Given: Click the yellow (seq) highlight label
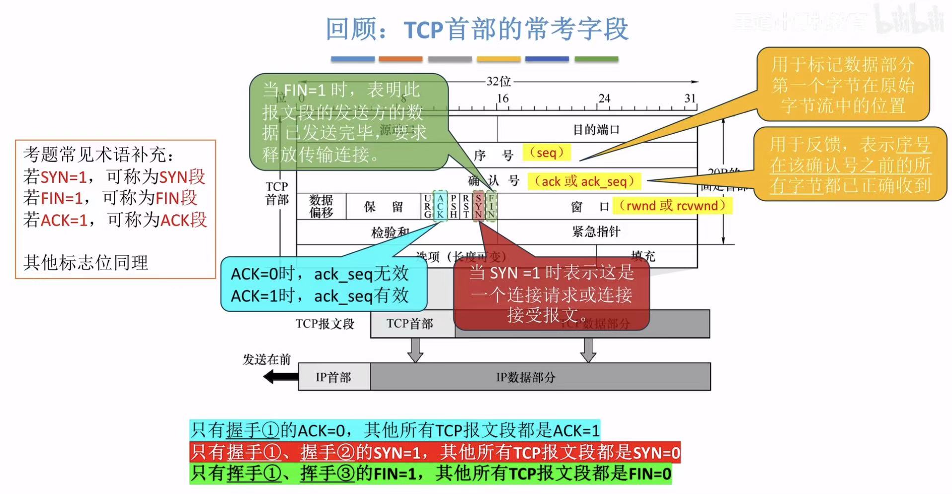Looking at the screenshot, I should point(546,153).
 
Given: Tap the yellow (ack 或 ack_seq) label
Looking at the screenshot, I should point(584,181).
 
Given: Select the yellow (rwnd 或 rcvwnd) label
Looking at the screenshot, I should point(672,206).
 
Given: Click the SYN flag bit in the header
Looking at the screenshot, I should point(478,206).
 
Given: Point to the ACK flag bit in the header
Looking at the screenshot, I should point(440,206).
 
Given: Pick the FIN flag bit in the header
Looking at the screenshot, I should point(491,206).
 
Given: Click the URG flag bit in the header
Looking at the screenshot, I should point(427,206).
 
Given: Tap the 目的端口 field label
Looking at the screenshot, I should point(596,130).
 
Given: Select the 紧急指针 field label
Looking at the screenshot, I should point(596,231).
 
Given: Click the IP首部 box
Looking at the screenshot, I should point(334,377).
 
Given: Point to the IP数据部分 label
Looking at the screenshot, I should point(526,377).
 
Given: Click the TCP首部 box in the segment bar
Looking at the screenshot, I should point(410,324).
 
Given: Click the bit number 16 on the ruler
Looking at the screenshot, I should point(502,98).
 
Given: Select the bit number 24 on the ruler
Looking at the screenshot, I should point(604,98).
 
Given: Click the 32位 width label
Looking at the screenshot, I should point(498,82).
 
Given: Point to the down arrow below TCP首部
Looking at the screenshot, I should point(415,350).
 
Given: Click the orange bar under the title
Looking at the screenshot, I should point(400,59).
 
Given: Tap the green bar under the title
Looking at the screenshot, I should point(596,59).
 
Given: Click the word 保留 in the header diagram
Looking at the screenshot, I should point(383,206).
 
